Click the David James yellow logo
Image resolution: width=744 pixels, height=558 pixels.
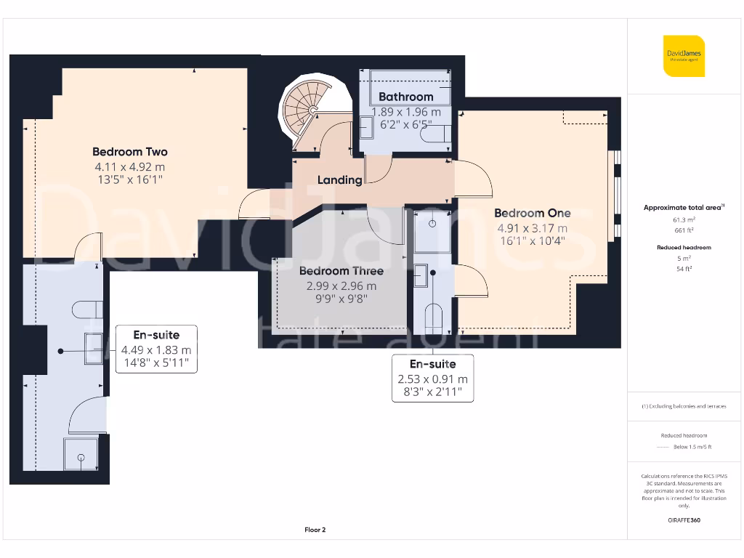(684, 55)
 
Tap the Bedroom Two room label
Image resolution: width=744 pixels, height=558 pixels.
(129, 152)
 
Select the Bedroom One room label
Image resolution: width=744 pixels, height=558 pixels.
(532, 213)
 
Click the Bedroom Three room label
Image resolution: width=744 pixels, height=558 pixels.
(341, 271)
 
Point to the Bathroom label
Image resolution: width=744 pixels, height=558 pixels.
(405, 97)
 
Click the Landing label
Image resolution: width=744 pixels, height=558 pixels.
(339, 180)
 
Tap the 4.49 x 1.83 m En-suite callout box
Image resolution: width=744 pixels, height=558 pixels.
(156, 349)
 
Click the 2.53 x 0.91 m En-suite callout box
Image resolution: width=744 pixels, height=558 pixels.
(432, 378)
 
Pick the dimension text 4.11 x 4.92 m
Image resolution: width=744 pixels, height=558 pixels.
(129, 166)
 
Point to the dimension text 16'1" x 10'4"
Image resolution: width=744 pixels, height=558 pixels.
(532, 240)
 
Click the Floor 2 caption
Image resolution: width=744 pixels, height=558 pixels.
(315, 530)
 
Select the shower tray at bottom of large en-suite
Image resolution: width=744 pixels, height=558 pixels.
(80, 455)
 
